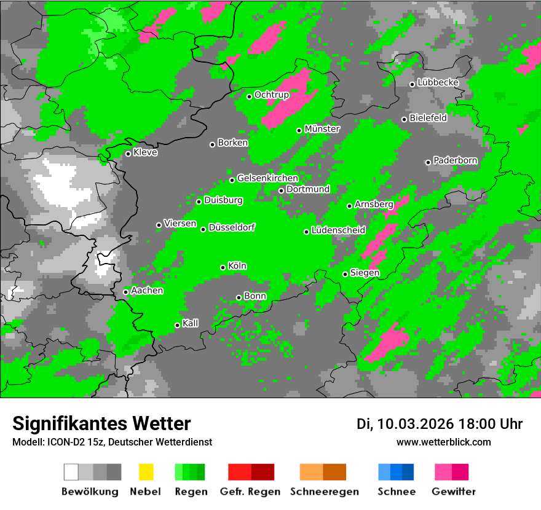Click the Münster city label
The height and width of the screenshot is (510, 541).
click(x=322, y=129)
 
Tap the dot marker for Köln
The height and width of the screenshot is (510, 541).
click(x=223, y=267)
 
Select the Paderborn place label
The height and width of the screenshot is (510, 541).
click(x=455, y=160)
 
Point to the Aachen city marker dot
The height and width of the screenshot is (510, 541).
click(x=126, y=292)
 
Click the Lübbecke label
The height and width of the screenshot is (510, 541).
click(x=438, y=82)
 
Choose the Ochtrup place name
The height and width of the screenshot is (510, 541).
click(x=271, y=95)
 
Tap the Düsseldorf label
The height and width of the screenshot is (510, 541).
click(x=232, y=227)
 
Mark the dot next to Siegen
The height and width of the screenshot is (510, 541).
click(x=346, y=274)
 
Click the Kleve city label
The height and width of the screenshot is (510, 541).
click(x=145, y=152)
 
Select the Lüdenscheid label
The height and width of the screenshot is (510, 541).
click(x=338, y=230)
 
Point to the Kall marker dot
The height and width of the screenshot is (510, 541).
click(x=178, y=325)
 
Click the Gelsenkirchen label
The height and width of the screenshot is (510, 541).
click(x=267, y=178)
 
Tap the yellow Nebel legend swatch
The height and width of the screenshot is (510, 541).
click(x=146, y=472)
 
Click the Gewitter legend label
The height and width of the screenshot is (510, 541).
click(x=453, y=492)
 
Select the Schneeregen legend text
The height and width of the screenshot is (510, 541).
click(x=324, y=492)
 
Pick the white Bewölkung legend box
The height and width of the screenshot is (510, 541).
click(x=71, y=472)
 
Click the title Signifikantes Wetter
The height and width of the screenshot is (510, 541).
click(x=101, y=423)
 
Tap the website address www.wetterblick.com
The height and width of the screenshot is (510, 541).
click(x=443, y=442)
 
